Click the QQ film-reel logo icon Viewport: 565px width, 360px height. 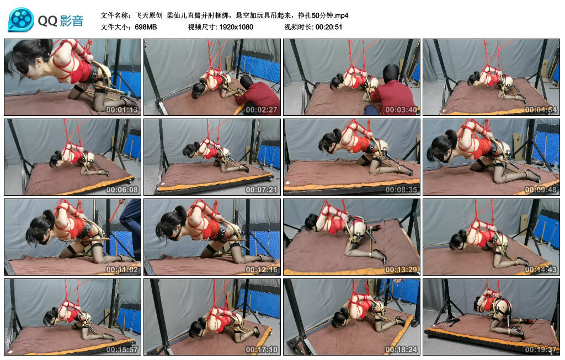(x=21, y=20)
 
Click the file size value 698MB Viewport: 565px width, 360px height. (x=146, y=27)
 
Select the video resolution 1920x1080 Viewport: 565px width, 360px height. (x=236, y=27)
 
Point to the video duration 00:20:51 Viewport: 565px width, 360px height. (x=329, y=27)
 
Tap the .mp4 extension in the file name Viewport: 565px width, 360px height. (x=341, y=15)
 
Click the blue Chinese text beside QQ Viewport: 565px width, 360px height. (x=72, y=21)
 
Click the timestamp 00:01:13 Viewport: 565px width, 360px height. (x=122, y=110)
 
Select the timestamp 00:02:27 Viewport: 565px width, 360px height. (x=262, y=110)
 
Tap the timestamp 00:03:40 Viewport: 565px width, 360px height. (x=401, y=110)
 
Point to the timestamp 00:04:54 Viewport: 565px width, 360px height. (x=541, y=110)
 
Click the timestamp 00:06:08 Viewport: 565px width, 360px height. (x=122, y=190)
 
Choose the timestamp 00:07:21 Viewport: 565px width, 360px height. (x=262, y=190)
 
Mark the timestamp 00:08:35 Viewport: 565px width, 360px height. (x=401, y=190)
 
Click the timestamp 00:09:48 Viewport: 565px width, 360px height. (x=541, y=190)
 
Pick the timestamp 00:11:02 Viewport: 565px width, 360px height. (x=122, y=270)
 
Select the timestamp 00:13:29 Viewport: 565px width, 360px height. (x=401, y=270)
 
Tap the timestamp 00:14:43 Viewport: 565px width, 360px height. (x=541, y=270)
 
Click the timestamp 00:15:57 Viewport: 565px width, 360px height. (x=122, y=350)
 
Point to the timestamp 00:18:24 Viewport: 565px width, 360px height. (x=401, y=350)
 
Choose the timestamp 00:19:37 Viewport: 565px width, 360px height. (x=541, y=350)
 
